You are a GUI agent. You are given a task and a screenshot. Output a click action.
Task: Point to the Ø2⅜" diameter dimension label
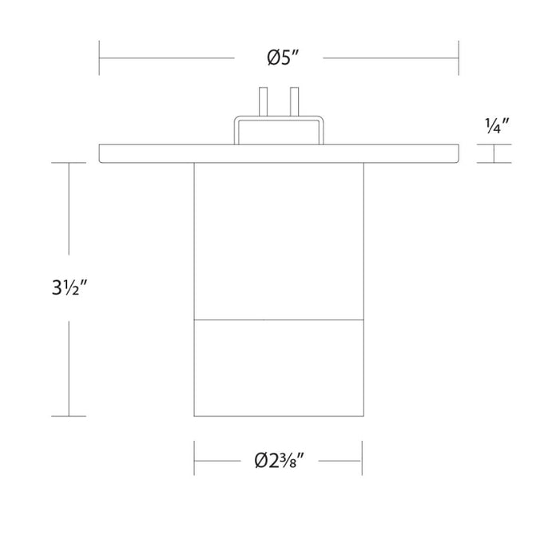[278, 462]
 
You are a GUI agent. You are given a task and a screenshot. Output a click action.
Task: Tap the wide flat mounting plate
[160, 153]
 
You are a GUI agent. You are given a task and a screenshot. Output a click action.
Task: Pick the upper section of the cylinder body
[278, 240]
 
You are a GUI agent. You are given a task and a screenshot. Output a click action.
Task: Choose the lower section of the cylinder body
[278, 367]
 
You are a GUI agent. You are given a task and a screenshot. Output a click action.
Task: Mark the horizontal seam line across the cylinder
[278, 321]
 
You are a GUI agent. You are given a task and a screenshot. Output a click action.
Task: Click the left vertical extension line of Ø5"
[99, 57]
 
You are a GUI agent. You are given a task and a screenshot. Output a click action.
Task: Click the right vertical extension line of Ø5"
[459, 57]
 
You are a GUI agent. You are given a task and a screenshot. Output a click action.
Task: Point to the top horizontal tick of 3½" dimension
[69, 163]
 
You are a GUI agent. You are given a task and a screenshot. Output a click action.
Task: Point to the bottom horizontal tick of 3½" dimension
[69, 416]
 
